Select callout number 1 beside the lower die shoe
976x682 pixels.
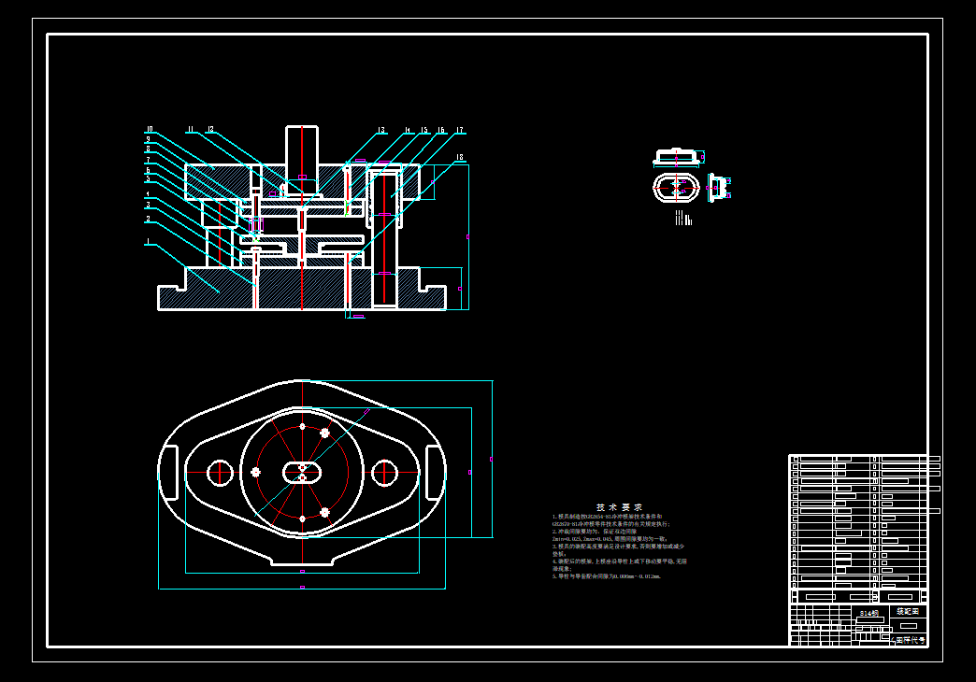coord(147,242)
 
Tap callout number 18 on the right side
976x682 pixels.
coord(459,157)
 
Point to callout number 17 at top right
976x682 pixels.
coord(460,131)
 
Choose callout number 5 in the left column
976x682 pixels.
coord(148,179)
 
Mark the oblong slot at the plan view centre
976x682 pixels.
coord(302,472)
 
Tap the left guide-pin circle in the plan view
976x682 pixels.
coord(220,473)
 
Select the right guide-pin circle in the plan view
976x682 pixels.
coord(384,473)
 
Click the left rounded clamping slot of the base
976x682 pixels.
coord(169,473)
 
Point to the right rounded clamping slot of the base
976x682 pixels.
coord(435,473)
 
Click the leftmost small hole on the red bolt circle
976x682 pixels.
coord(255,472)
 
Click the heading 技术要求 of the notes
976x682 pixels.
coord(620,506)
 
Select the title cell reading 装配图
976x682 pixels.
coord(907,611)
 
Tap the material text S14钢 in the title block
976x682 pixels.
coord(869,614)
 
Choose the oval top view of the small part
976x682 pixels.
coord(677,187)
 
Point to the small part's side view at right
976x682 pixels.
coord(718,187)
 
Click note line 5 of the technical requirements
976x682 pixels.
coord(608,576)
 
